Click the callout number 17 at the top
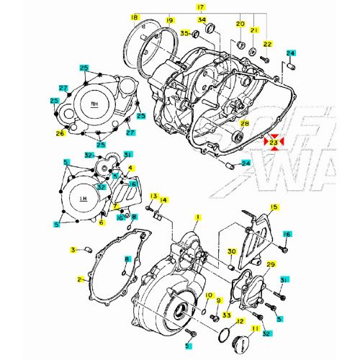(201, 6)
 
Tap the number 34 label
(202, 19)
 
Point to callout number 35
(184, 33)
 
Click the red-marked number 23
(274, 143)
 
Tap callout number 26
(60, 132)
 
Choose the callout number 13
(153, 197)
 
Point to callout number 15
(274, 207)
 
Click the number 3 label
(73, 249)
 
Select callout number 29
(271, 266)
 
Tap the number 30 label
(232, 251)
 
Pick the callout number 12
(240, 321)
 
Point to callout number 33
(226, 315)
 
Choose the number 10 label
(209, 296)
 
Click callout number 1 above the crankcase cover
(195, 216)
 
